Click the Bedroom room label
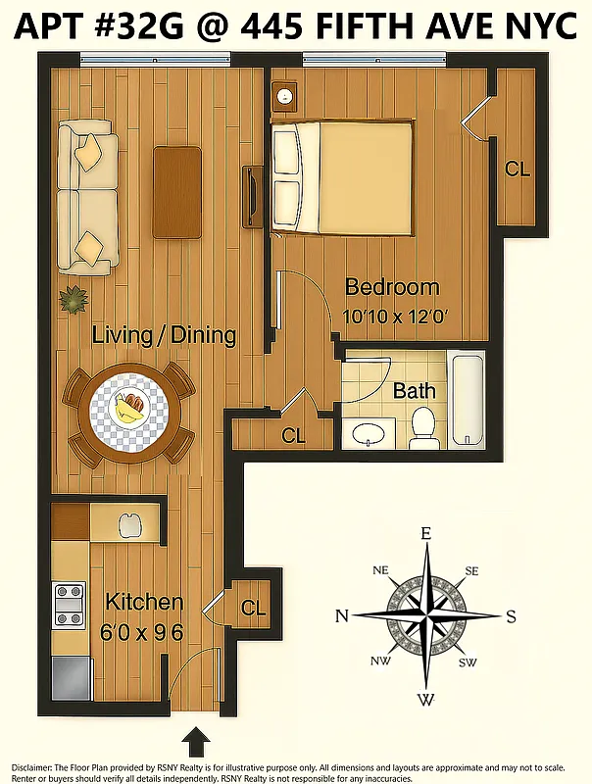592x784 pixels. (x=392, y=288)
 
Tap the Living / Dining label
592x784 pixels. (x=164, y=335)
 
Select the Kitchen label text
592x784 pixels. (x=144, y=602)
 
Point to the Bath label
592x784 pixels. (x=414, y=391)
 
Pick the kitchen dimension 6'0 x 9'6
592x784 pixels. (x=143, y=632)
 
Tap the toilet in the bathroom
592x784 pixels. (x=423, y=426)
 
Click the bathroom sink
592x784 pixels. (x=368, y=432)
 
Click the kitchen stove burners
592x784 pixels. (x=68, y=605)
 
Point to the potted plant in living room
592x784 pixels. (x=73, y=298)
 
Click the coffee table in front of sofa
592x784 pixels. (x=177, y=191)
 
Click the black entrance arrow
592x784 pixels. (x=196, y=739)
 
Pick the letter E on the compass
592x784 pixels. (x=425, y=534)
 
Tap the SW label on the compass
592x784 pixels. (x=469, y=663)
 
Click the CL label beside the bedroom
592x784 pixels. (x=518, y=169)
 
